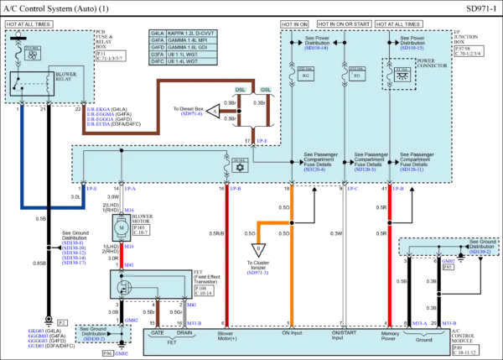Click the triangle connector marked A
point(214,111)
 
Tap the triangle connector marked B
point(257,249)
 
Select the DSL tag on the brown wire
point(241,91)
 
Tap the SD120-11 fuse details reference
point(415,170)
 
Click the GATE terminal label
point(156,332)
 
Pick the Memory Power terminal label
point(389,336)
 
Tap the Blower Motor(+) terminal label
point(227,336)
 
